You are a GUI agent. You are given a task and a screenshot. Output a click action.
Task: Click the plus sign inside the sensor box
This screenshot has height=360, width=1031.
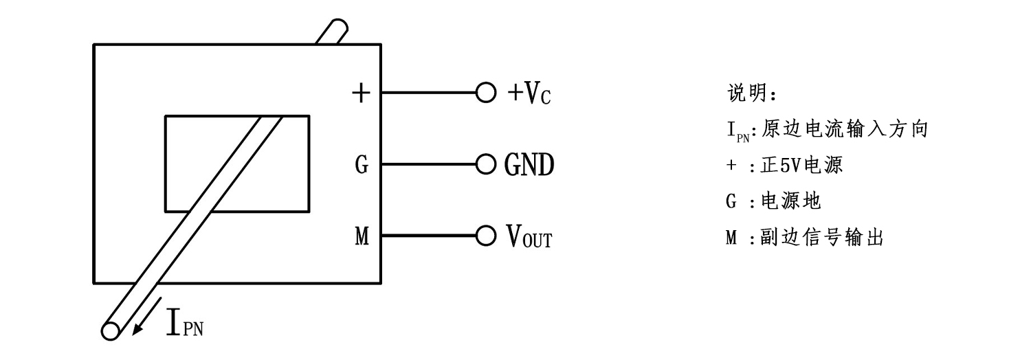(x=360, y=93)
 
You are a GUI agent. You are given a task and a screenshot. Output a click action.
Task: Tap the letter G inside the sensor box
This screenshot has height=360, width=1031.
(x=362, y=165)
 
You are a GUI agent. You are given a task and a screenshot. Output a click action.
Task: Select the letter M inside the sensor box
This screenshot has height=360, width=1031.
(x=362, y=237)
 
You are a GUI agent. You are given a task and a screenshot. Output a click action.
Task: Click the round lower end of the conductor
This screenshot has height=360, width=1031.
(x=110, y=331)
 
